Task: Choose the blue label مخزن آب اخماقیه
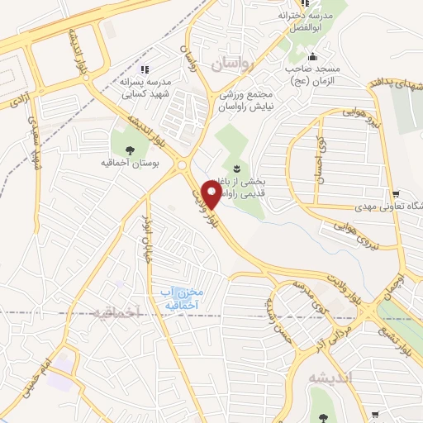coord(179,298)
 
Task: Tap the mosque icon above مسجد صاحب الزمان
coord(312,57)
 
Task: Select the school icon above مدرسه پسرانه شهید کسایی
coord(145,70)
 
